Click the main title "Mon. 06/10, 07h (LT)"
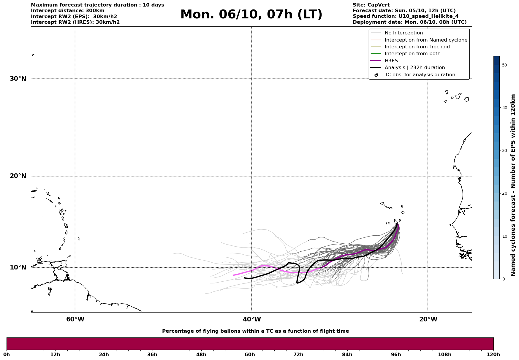[251, 15]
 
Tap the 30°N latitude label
[18, 79]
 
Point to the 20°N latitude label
[18, 176]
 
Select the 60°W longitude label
[75, 319]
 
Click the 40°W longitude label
[252, 319]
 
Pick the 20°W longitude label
[428, 319]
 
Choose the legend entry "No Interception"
[404, 33]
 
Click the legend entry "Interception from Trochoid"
[417, 47]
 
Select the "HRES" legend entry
[391, 61]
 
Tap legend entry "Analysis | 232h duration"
[414, 68]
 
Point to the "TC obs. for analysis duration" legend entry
[420, 75]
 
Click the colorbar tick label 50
[504, 65]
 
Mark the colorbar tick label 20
[504, 193]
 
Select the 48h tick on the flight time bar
[201, 354]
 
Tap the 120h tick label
[493, 354]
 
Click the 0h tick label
[7, 354]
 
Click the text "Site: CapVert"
[371, 5]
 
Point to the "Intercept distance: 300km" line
[67, 11]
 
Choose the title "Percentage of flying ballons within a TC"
[255, 331]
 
